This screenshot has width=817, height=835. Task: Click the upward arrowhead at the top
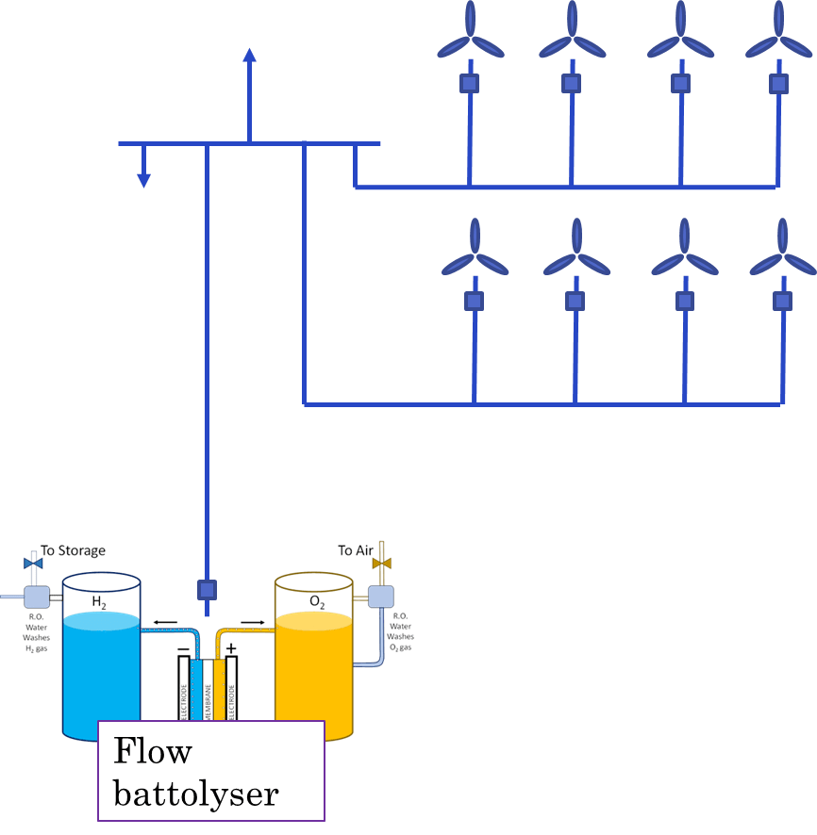[249, 55]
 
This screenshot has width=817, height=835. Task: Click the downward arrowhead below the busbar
[143, 178]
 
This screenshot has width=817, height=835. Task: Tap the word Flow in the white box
[152, 752]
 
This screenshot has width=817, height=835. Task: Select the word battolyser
[195, 793]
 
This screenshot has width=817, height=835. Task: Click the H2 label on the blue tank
[99, 601]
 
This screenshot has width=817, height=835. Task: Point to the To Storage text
[73, 550]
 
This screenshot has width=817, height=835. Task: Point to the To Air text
[356, 550]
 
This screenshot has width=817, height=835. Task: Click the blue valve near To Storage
[33, 564]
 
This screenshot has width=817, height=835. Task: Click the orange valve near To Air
[381, 564]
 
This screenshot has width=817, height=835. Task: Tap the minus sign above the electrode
[183, 648]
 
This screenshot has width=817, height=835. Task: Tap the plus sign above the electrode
[231, 648]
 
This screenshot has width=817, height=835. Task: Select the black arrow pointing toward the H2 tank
[164, 621]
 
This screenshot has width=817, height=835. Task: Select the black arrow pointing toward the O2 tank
[252, 621]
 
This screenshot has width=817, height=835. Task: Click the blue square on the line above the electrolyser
[207, 590]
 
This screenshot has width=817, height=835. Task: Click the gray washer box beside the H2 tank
[37, 597]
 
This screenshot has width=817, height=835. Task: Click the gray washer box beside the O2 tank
[380, 597]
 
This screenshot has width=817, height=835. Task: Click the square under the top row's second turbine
[571, 83]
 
